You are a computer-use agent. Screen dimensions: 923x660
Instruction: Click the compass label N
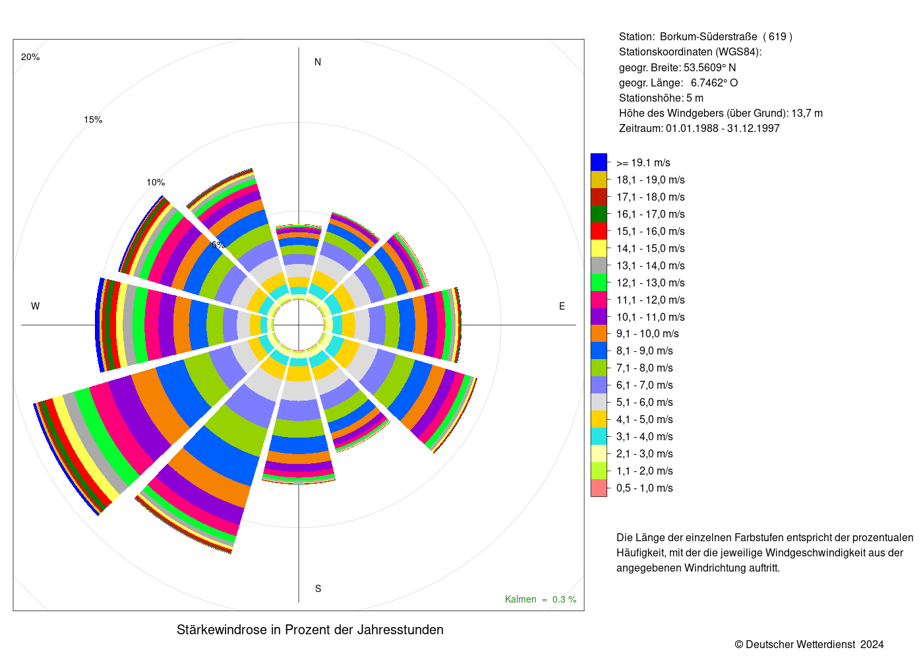(317, 62)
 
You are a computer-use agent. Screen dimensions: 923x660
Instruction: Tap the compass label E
(562, 306)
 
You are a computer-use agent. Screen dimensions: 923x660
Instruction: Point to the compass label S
(318, 589)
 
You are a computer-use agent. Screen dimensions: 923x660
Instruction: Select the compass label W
(36, 306)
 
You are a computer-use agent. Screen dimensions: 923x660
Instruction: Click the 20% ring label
(30, 57)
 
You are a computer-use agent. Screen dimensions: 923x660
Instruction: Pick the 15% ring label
(93, 120)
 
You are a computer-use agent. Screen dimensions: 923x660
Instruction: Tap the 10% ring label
(156, 182)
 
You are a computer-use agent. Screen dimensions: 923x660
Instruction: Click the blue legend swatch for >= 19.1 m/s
(599, 162)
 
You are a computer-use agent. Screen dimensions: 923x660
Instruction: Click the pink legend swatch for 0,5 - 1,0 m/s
(599, 488)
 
